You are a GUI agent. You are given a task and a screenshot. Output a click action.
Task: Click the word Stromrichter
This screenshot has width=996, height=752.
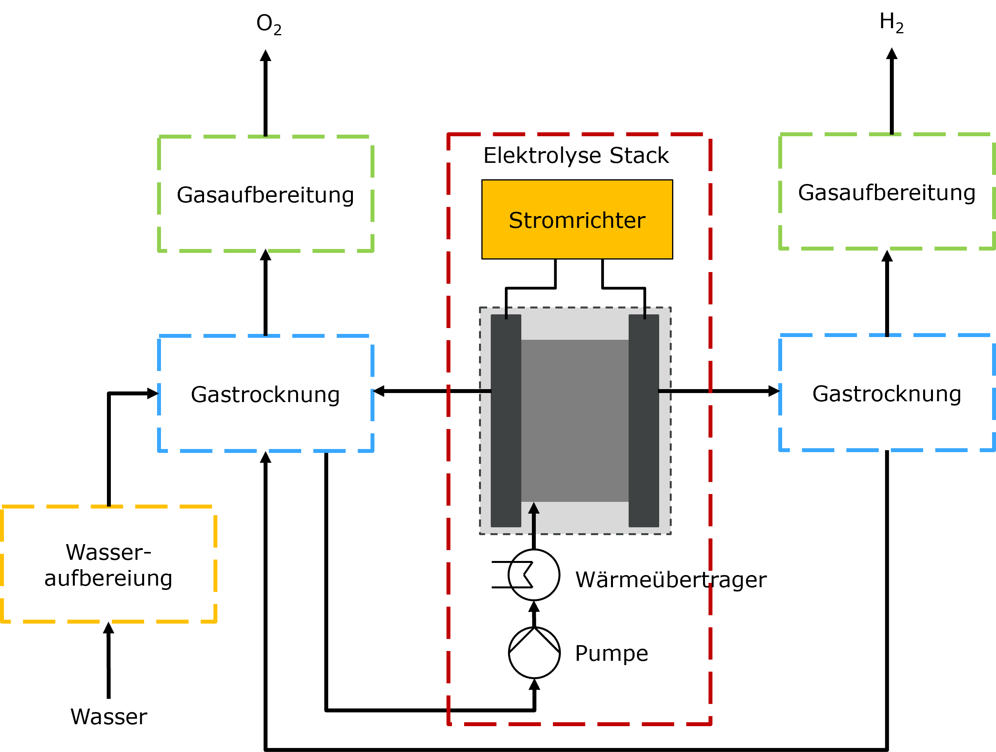coord(577,220)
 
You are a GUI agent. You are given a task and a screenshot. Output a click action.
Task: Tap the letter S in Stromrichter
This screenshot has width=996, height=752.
coord(515,220)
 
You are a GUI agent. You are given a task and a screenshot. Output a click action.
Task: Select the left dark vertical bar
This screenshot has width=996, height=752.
coord(506,420)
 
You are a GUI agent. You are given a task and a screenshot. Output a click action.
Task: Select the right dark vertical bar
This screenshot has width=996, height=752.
coord(644,420)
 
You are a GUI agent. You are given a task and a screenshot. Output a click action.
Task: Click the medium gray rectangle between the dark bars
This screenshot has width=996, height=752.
coord(575,420)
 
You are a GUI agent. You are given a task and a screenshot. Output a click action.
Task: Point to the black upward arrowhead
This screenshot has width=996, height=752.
coord(533,509)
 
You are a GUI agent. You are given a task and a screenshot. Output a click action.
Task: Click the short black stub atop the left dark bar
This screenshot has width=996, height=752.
coord(506,313)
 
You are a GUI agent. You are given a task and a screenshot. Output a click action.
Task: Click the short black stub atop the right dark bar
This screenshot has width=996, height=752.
coord(645,313)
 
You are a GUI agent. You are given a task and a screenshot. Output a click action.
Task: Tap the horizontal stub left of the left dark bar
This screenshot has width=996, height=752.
coord(485,391)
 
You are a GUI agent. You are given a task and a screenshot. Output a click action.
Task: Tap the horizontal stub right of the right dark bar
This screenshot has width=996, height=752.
coord(665,391)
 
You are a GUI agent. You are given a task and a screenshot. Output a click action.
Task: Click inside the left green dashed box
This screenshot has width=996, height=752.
coord(266,193)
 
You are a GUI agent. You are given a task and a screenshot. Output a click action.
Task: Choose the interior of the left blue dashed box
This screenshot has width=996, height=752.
coord(266,393)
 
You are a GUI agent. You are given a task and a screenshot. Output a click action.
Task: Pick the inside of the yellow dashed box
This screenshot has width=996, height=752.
coord(109,564)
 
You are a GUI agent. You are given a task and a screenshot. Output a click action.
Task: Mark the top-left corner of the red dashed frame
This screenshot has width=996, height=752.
coord(449,135)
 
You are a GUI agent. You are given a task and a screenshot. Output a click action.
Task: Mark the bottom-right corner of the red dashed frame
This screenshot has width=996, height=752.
coord(710,724)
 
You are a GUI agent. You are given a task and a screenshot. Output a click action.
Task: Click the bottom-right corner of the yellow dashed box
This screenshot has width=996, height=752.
coord(215,622)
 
